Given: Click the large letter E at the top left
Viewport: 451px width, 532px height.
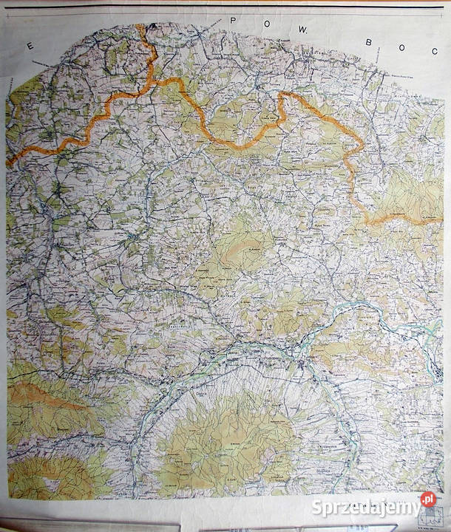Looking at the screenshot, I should pyautogui.click(x=30, y=46).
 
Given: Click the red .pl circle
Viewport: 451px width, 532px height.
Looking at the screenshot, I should pyautogui.click(x=428, y=500).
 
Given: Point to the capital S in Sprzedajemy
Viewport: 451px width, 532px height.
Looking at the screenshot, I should pyautogui.click(x=316, y=507).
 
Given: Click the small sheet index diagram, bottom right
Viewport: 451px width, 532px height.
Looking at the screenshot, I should pyautogui.click(x=428, y=522).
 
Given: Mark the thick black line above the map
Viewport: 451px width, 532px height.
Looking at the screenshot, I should pyautogui.click(x=222, y=7).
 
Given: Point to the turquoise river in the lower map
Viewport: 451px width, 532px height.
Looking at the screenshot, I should pyautogui.click(x=185, y=384).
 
